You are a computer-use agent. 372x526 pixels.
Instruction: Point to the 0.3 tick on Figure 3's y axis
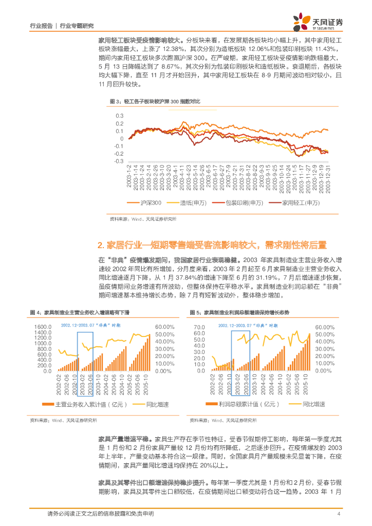click(x=120, y=116)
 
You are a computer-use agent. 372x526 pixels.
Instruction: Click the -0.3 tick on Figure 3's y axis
click(x=119, y=161)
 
